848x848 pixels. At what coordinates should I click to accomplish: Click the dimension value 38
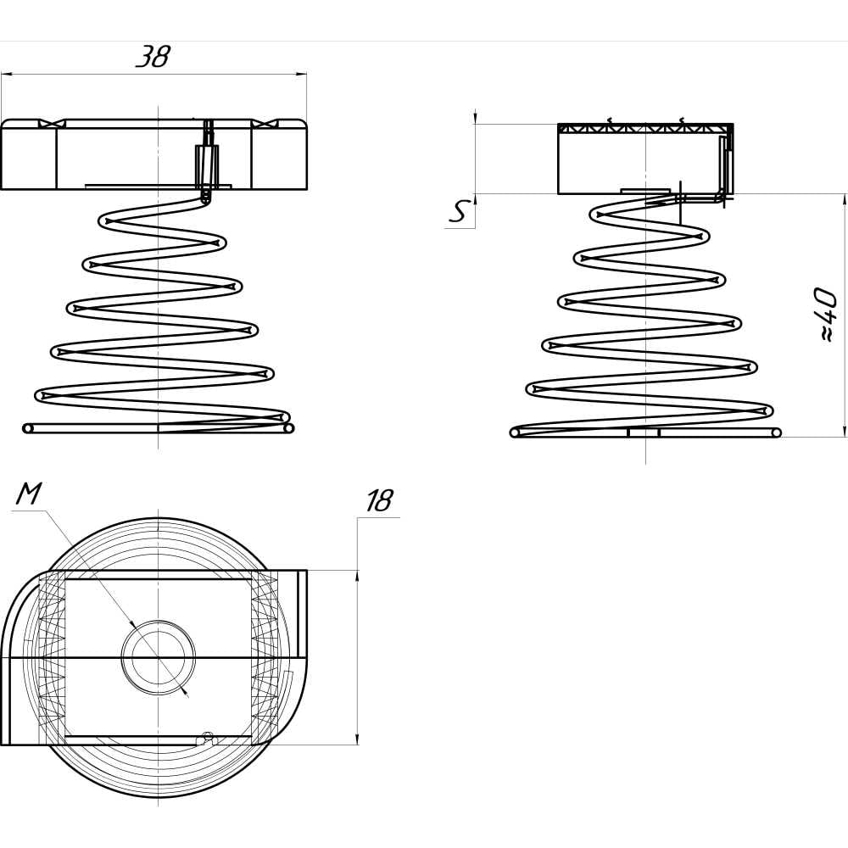153,56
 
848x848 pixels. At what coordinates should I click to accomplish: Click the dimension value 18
379,501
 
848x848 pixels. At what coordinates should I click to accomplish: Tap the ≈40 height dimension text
825,315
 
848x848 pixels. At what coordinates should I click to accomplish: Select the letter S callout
458,211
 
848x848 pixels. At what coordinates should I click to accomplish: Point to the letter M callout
28,493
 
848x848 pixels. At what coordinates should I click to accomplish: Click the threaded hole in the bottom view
158,657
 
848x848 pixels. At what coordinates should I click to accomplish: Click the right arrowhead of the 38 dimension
302,75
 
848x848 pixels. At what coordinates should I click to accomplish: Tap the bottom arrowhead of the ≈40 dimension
845,431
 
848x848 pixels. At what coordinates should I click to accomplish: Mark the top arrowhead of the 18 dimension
356,576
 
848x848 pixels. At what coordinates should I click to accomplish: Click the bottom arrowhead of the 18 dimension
356,739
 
